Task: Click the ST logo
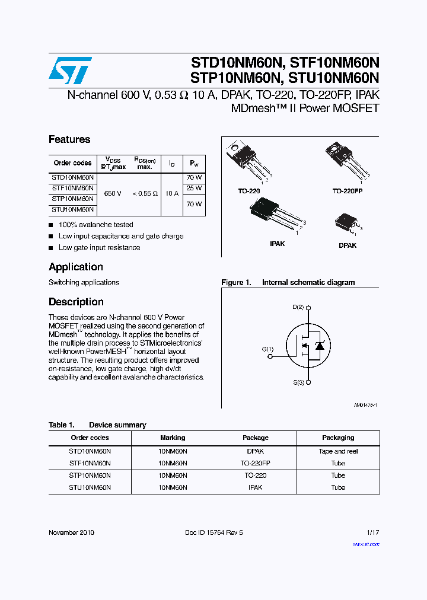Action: pyautogui.click(x=70, y=71)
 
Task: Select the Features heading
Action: pyautogui.click(x=69, y=139)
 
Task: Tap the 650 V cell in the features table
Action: pyautogui.click(x=113, y=193)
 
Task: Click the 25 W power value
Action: pyautogui.click(x=194, y=188)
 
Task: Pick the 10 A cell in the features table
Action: pyautogui.click(x=172, y=193)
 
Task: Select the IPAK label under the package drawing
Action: pyautogui.click(x=277, y=244)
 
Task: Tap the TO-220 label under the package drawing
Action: pyautogui.click(x=249, y=192)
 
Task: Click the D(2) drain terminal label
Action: pyautogui.click(x=298, y=307)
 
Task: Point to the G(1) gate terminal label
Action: pyautogui.click(x=267, y=349)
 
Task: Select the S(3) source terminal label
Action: pyautogui.click(x=298, y=383)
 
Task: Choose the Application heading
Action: pyautogui.click(x=76, y=267)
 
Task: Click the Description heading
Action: pyautogui.click(x=76, y=302)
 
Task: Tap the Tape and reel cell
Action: pyautogui.click(x=338, y=451)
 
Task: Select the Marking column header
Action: pyautogui.click(x=173, y=438)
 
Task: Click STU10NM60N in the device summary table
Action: pyautogui.click(x=90, y=487)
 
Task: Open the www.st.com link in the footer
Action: pyautogui.click(x=365, y=544)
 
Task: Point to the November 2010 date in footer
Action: pyautogui.click(x=71, y=532)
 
